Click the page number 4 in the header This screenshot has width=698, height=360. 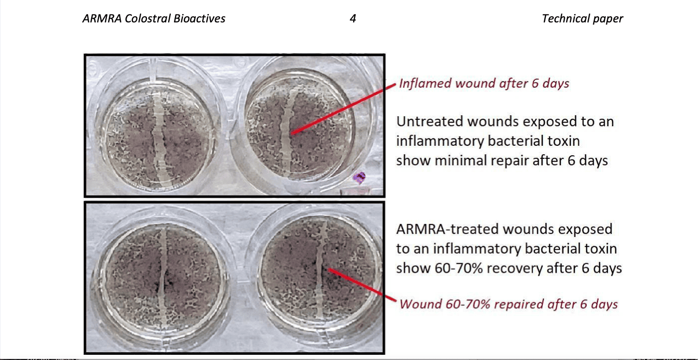[x=353, y=18]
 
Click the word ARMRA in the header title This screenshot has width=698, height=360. [x=102, y=18]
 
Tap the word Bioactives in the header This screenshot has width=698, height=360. [x=200, y=18]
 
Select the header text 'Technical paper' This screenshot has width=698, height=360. [x=582, y=19]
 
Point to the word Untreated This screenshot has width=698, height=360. [x=429, y=121]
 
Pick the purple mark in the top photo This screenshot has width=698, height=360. [x=359, y=177]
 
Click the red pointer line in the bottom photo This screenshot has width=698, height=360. [x=362, y=285]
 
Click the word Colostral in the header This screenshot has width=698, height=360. [x=147, y=18]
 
